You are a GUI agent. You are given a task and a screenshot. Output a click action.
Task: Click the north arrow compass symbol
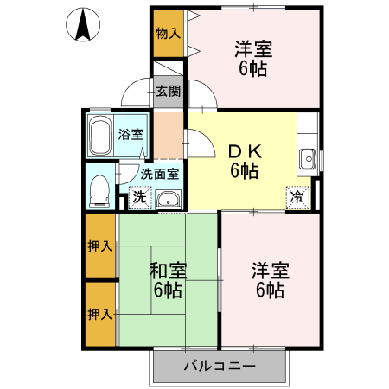tap(84, 26)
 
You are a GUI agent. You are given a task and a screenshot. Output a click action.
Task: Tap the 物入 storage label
tap(168, 35)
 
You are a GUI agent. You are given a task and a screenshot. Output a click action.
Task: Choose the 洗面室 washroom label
tap(159, 173)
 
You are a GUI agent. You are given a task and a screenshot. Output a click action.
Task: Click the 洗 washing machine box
tap(139, 198)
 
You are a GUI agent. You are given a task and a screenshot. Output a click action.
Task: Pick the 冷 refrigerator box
tap(297, 196)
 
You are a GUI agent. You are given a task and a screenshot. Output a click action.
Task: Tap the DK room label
tap(244, 160)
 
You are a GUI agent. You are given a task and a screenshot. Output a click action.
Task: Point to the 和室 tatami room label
tap(166, 278)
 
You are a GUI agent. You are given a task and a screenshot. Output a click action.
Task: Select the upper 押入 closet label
tap(99, 246)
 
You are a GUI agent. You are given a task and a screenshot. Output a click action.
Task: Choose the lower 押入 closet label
tap(99, 313)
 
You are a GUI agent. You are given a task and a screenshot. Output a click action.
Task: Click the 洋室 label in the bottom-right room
tap(269, 279)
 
